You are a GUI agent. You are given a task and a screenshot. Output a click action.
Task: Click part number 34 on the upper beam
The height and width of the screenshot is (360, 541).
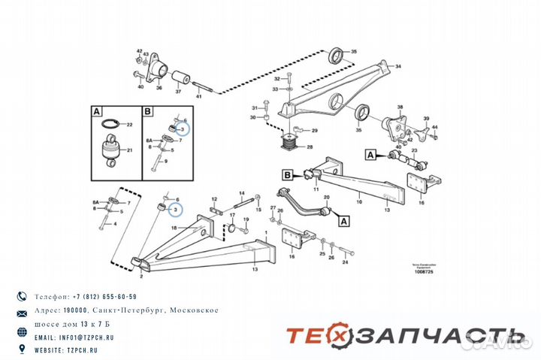(x=397, y=65)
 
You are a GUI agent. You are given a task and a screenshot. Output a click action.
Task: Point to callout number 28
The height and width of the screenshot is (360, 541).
(x=309, y=147)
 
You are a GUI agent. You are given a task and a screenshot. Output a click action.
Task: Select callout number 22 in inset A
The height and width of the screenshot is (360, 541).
(x=129, y=124)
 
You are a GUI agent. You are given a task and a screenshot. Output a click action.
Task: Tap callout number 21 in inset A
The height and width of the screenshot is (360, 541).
(x=129, y=151)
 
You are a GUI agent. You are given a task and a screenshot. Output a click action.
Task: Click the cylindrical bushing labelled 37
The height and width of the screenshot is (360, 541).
(x=180, y=78)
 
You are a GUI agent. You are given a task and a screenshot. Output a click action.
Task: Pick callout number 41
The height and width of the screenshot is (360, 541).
(x=199, y=98)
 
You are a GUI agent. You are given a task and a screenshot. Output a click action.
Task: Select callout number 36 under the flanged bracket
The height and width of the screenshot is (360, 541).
(x=159, y=88)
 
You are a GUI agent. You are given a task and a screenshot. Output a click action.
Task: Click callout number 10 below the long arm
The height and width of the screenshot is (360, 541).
(x=359, y=202)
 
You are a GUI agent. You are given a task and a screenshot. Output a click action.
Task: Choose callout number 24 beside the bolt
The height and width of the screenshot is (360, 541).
(x=345, y=263)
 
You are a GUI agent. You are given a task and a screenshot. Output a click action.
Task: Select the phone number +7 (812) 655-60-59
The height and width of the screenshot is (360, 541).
(x=95, y=297)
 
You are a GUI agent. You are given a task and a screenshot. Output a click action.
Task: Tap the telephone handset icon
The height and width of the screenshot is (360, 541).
(x=22, y=297)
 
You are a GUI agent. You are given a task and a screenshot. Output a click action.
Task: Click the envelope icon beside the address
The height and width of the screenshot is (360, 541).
(x=22, y=311)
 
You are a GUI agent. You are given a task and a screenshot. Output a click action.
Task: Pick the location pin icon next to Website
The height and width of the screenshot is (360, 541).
(x=22, y=349)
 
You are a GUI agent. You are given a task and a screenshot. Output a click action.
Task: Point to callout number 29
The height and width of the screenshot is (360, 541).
(x=314, y=131)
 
